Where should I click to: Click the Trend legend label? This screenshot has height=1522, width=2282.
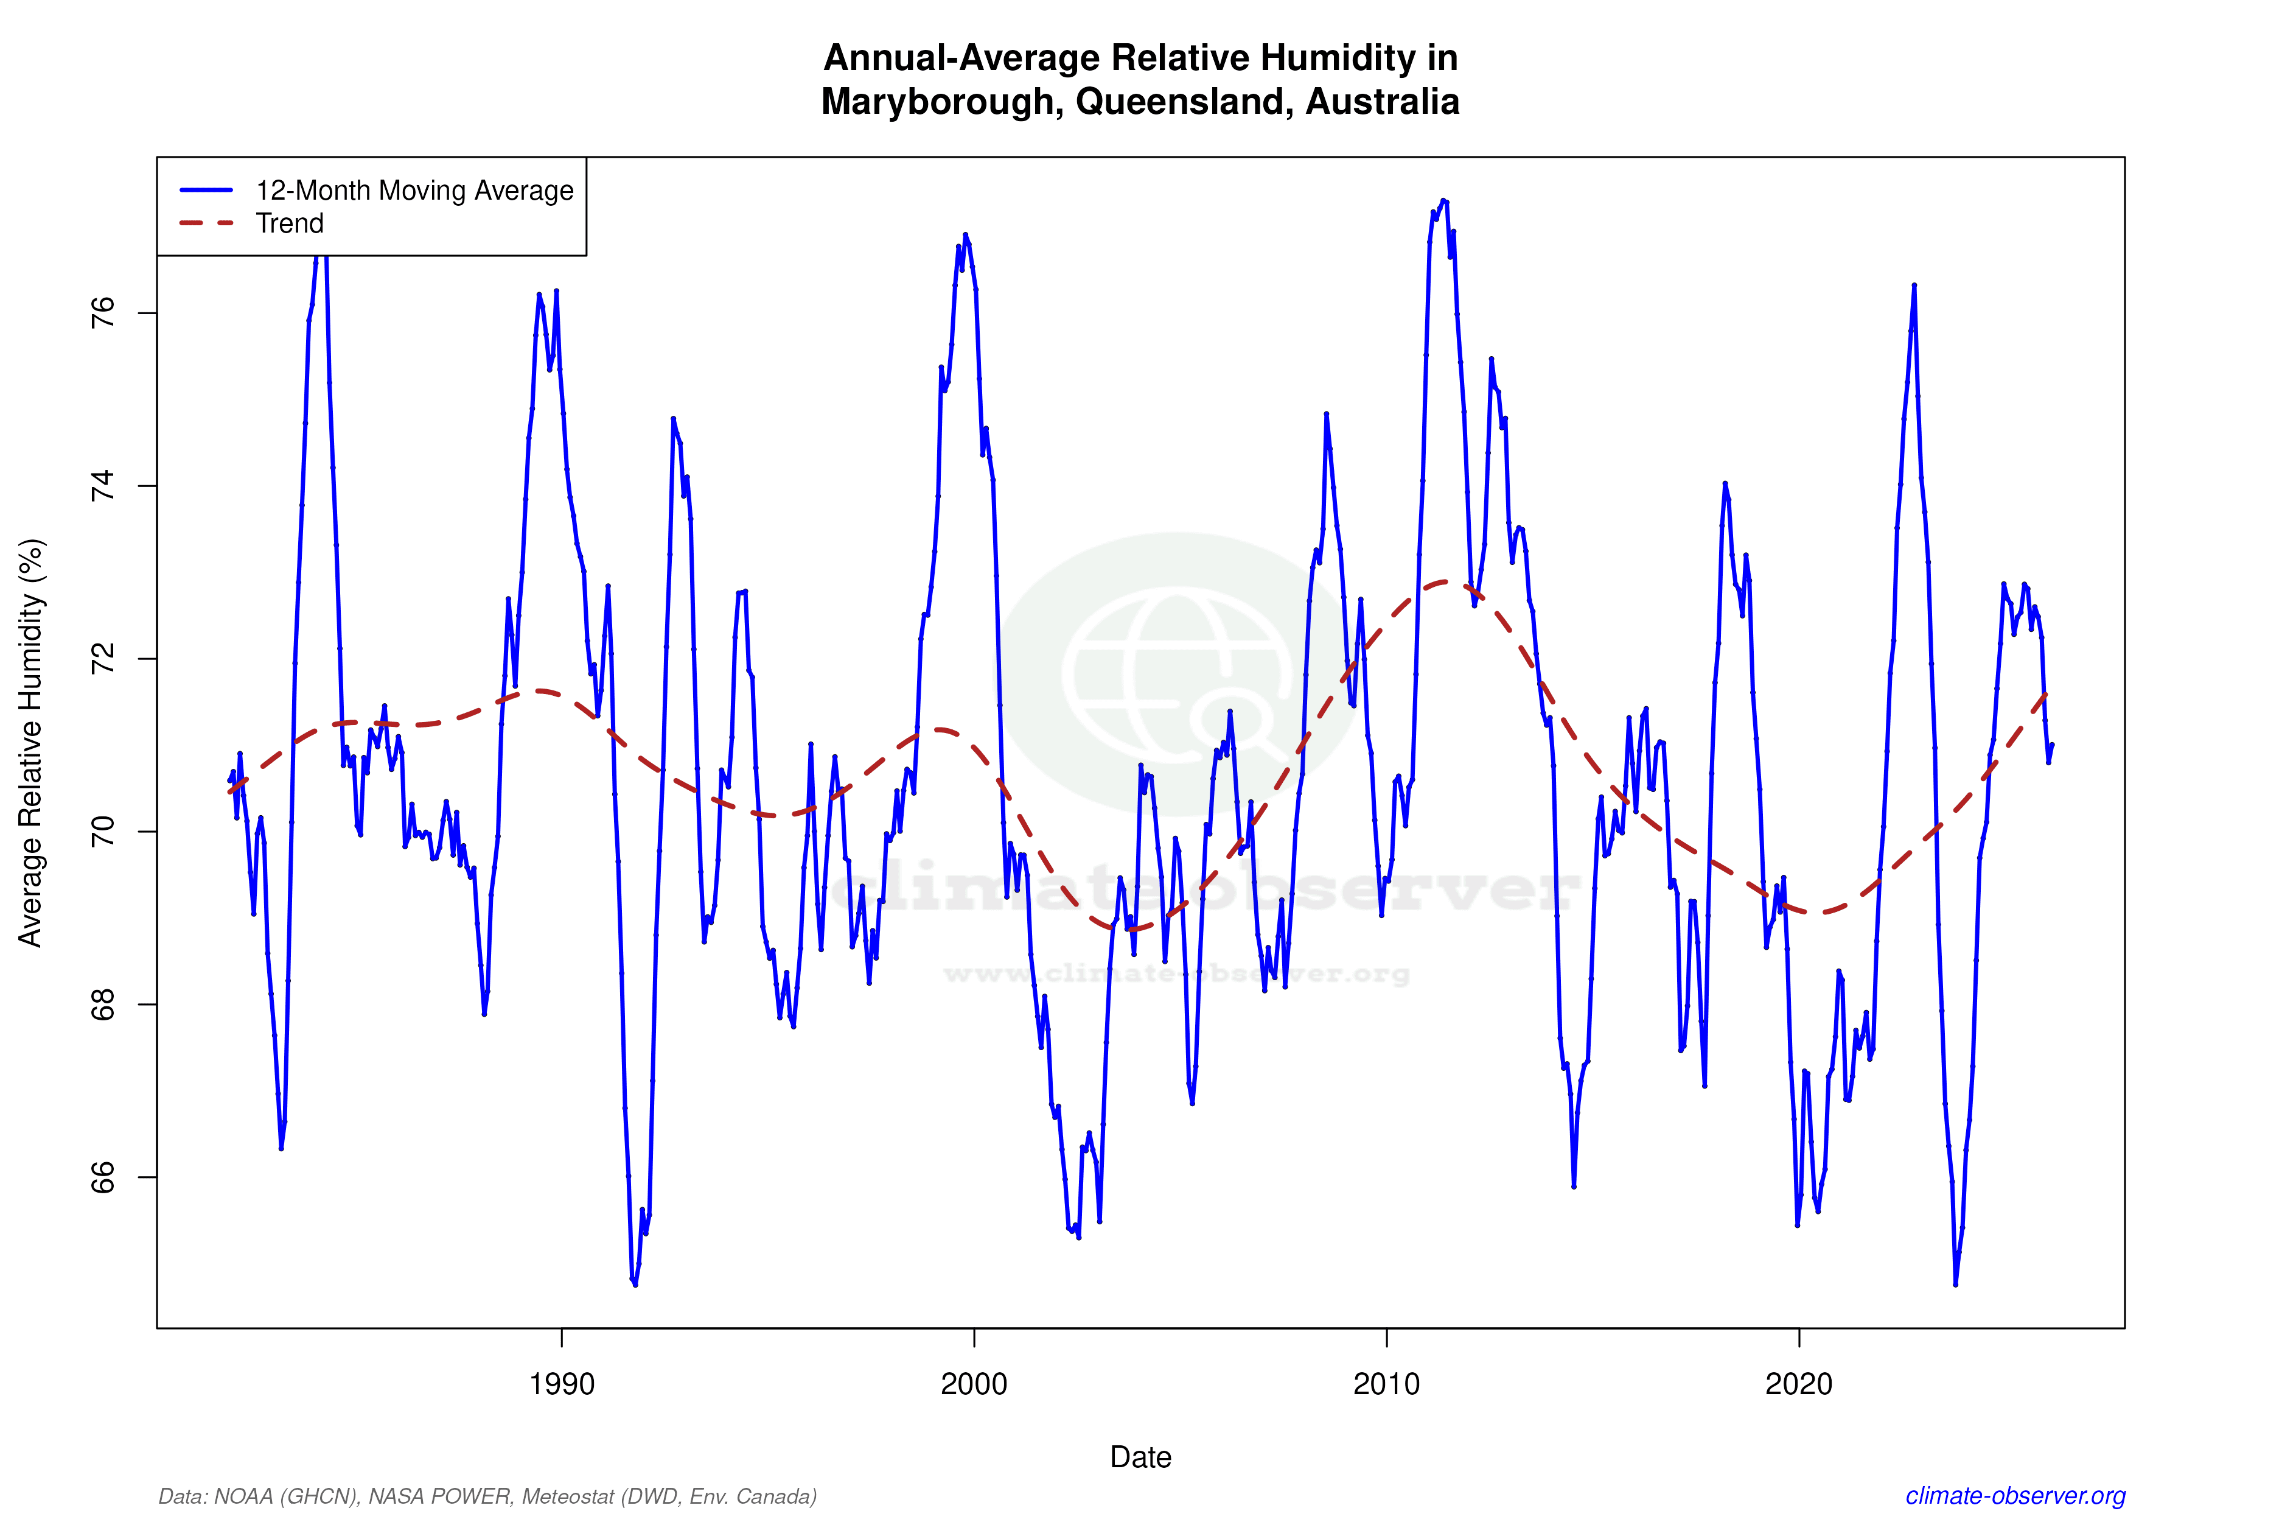289,223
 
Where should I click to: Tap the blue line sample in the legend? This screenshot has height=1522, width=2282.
207,190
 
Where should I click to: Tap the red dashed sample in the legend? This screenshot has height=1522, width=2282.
207,223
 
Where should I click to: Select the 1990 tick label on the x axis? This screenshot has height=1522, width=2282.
562,1383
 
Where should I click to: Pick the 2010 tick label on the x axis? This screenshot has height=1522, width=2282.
1386,1383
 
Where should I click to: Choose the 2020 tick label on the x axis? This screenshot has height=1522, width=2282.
1799,1383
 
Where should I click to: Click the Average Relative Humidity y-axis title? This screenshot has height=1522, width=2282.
31,743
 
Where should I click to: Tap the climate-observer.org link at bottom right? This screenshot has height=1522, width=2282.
2015,1496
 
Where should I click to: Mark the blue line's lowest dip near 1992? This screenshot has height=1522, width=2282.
635,1284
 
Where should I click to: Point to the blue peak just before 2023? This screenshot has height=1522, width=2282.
1913,286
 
